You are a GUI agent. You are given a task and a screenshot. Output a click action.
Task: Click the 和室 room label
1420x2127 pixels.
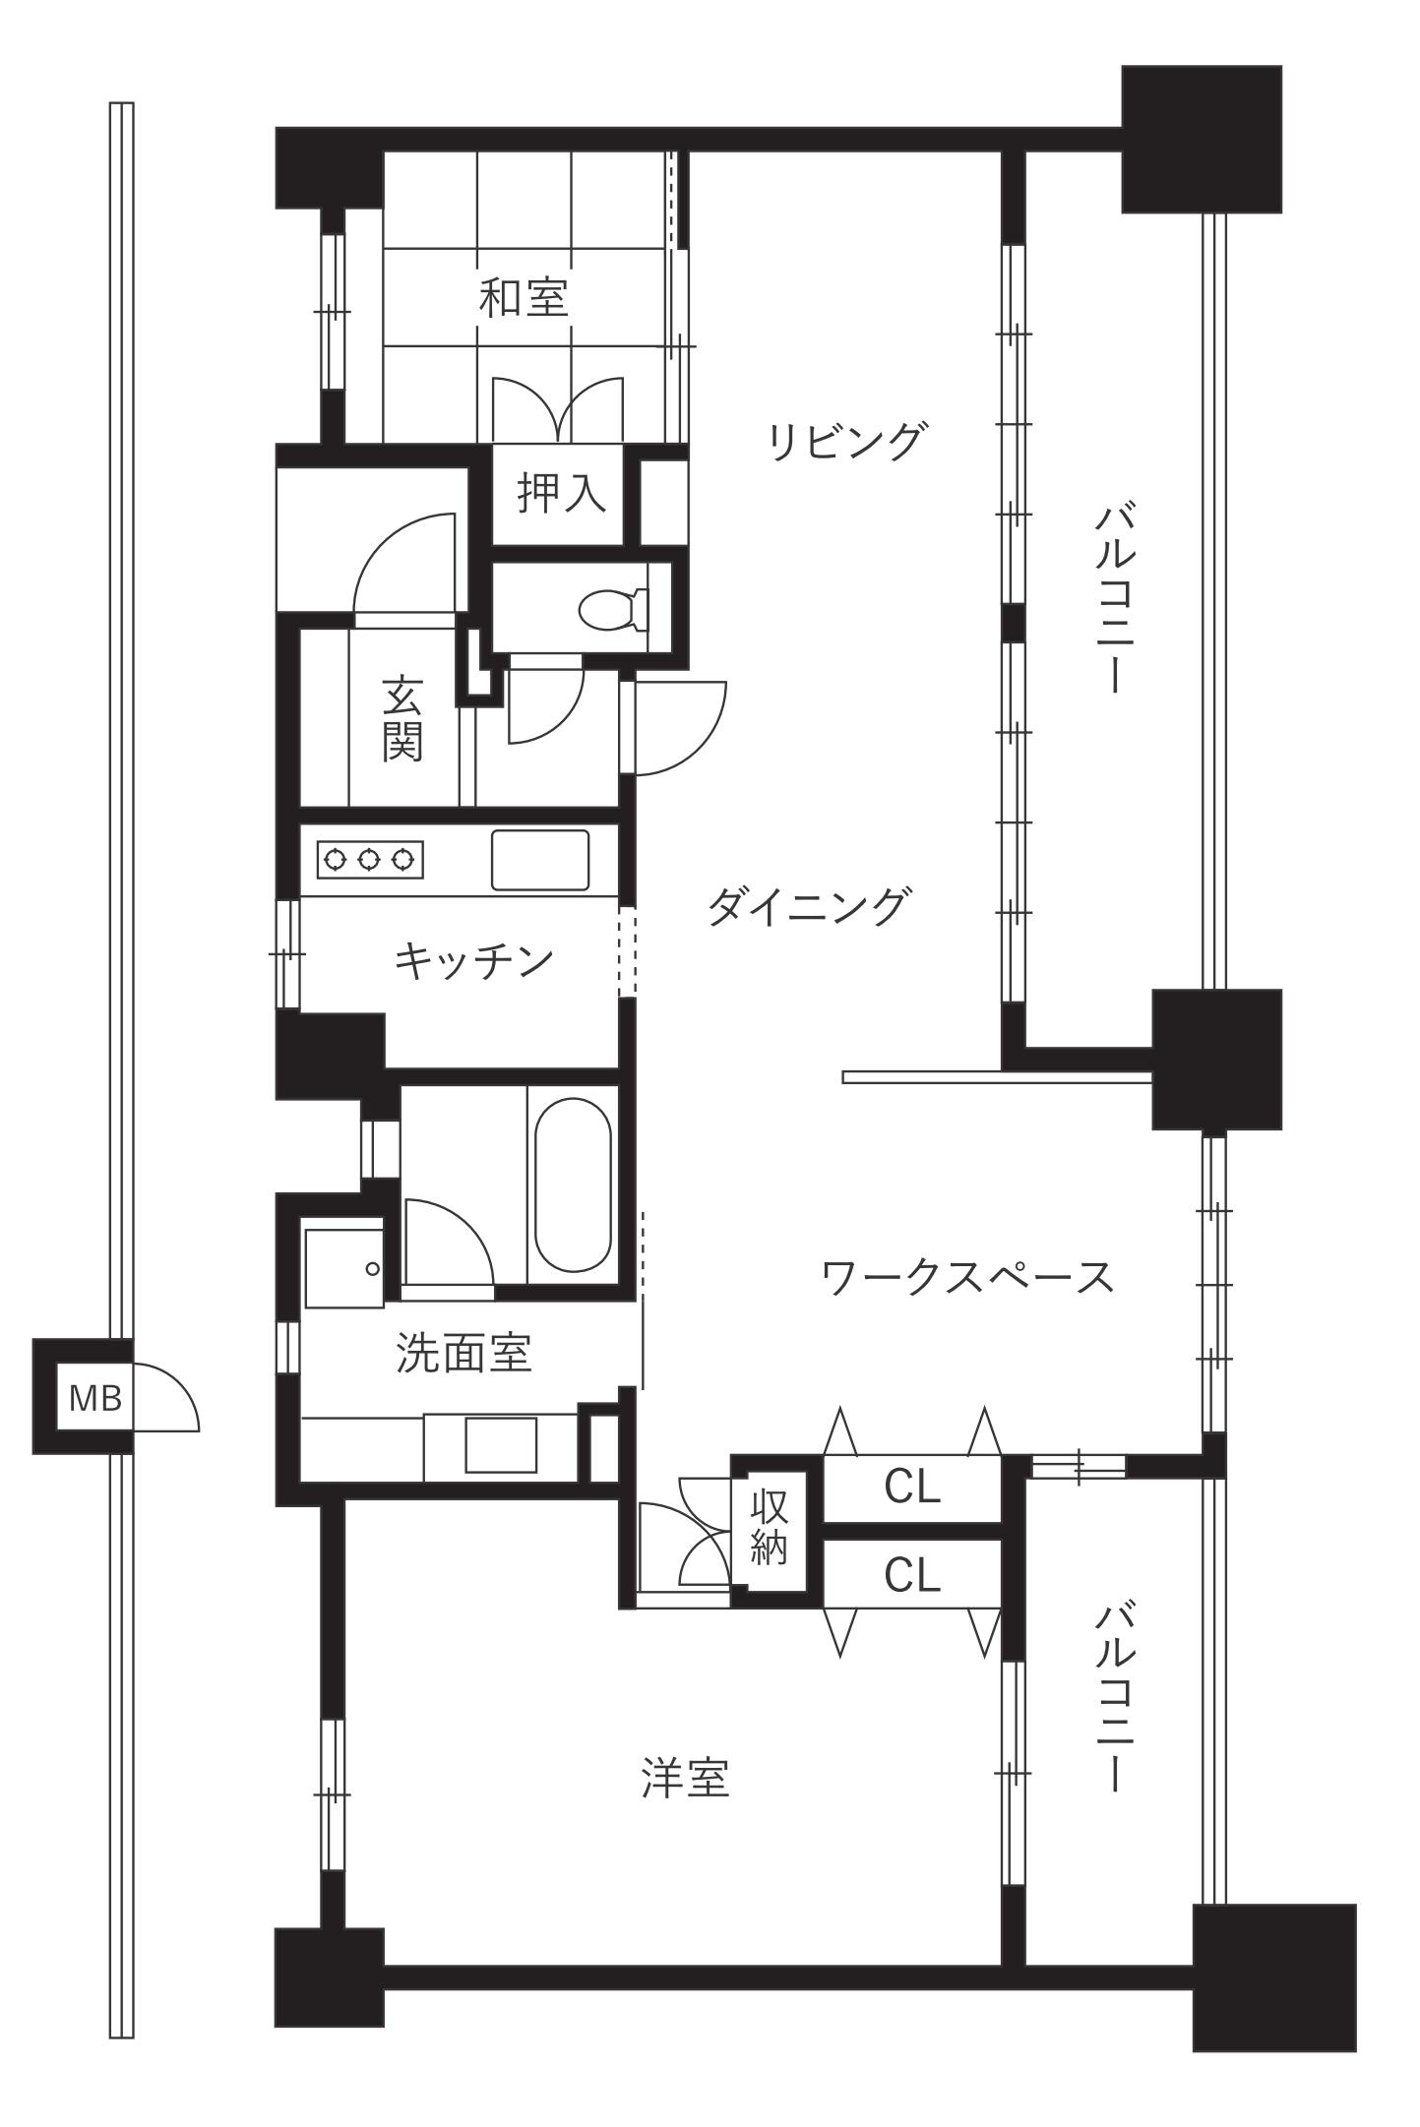(524, 297)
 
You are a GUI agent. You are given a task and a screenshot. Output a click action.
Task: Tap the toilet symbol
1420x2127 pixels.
(613, 610)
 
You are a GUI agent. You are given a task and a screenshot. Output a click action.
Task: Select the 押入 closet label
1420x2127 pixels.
(562, 493)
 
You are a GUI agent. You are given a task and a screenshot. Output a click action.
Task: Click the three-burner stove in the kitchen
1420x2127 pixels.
(370, 860)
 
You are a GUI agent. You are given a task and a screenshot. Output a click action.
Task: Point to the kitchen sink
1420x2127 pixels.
(540, 861)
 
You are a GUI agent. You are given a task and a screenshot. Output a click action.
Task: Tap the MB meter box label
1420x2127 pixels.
(95, 1397)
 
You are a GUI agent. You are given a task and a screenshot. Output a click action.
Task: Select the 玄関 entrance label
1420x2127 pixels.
(402, 719)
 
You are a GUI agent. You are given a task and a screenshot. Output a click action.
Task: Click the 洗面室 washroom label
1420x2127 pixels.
(463, 1354)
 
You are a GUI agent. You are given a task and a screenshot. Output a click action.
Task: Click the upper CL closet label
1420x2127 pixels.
(912, 1488)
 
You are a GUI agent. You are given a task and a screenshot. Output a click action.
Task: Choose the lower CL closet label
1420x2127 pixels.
(912, 1575)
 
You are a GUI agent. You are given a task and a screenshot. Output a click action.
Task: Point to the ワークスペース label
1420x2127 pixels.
(968, 1278)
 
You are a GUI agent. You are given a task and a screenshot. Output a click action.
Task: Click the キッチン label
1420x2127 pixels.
(473, 959)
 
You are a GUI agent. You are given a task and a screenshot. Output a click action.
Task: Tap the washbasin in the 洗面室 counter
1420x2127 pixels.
(501, 1444)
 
